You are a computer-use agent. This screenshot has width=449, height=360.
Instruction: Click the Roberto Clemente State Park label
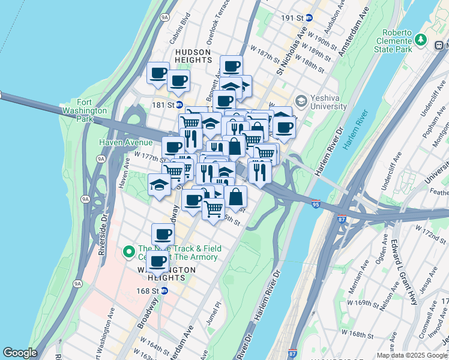pyautogui.click(x=396, y=41)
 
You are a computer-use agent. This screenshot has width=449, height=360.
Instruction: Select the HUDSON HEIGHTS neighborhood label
pyautogui.click(x=193, y=56)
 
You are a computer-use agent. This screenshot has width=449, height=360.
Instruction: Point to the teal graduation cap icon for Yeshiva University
pyautogui.click(x=301, y=100)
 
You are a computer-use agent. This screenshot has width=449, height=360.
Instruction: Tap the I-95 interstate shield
pyautogui.click(x=316, y=205)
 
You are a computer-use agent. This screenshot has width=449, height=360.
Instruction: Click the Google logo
pyautogui.click(x=20, y=353)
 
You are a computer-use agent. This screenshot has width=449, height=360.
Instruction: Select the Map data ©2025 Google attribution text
pyautogui.click(x=412, y=355)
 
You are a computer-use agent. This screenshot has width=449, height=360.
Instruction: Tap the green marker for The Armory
pyautogui.click(x=128, y=252)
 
